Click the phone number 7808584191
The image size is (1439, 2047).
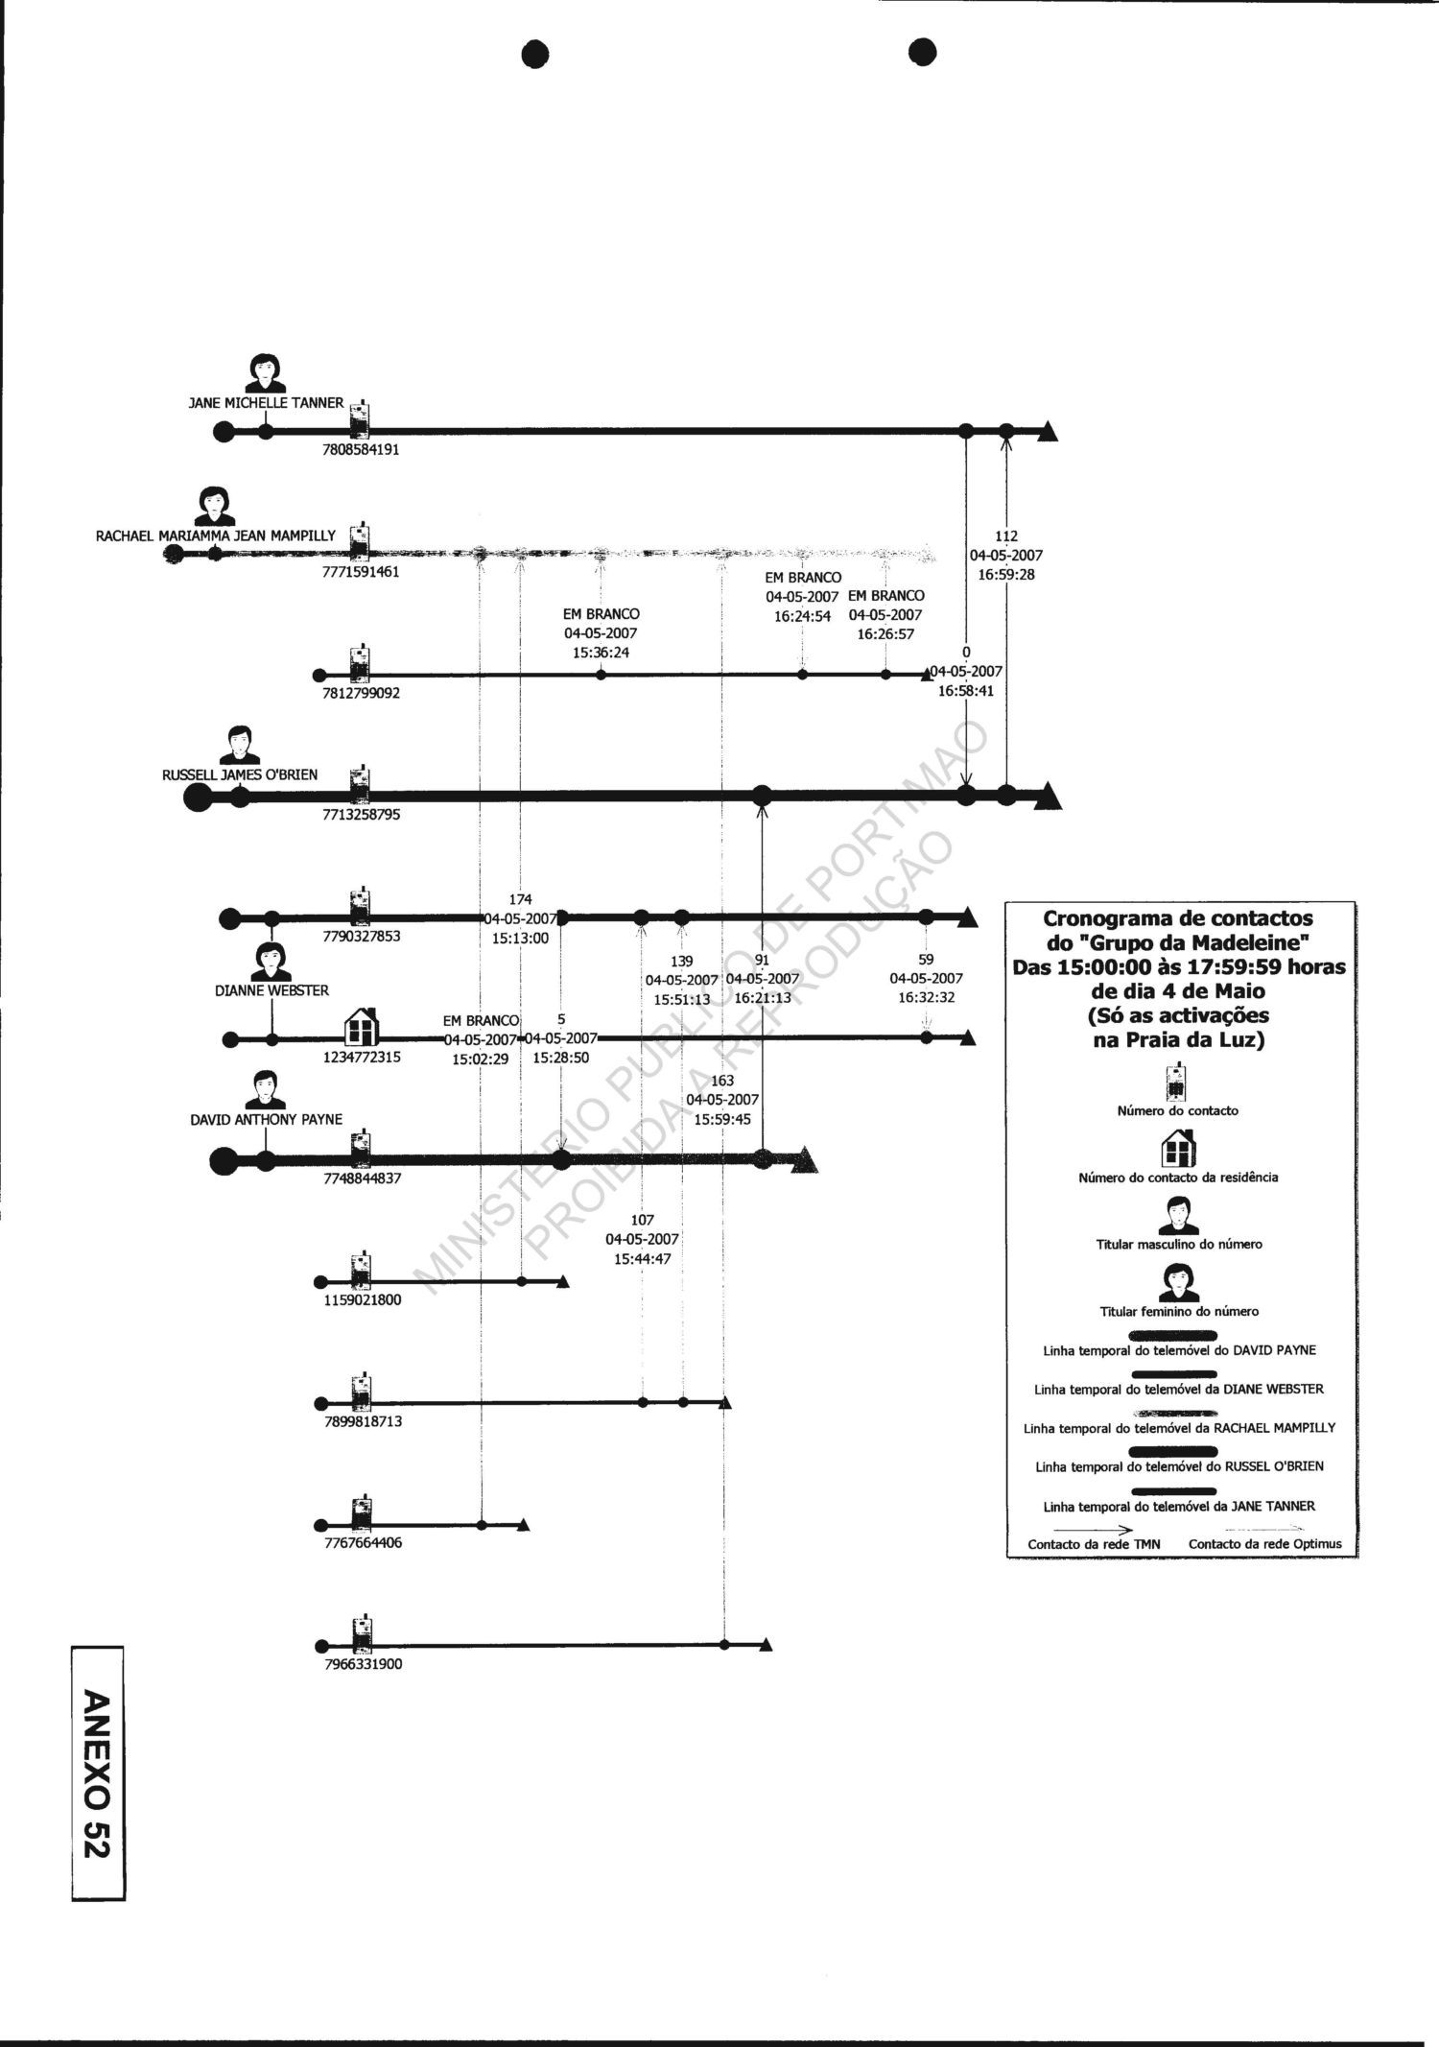click(x=361, y=449)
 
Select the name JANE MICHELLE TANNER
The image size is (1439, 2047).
click(x=266, y=403)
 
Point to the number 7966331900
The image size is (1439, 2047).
click(x=364, y=1664)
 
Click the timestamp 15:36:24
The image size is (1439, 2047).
click(x=601, y=653)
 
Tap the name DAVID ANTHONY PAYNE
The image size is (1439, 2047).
click(x=267, y=1119)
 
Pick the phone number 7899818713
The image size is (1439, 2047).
click(x=364, y=1421)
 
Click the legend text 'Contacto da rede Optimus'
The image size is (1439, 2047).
click(x=1264, y=1544)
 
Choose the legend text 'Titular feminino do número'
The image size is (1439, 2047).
click(x=1179, y=1311)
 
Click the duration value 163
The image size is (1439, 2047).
click(x=722, y=1081)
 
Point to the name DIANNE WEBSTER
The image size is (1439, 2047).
click(x=271, y=990)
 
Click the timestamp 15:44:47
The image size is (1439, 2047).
click(x=642, y=1258)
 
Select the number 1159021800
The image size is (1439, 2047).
click(x=363, y=1300)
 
